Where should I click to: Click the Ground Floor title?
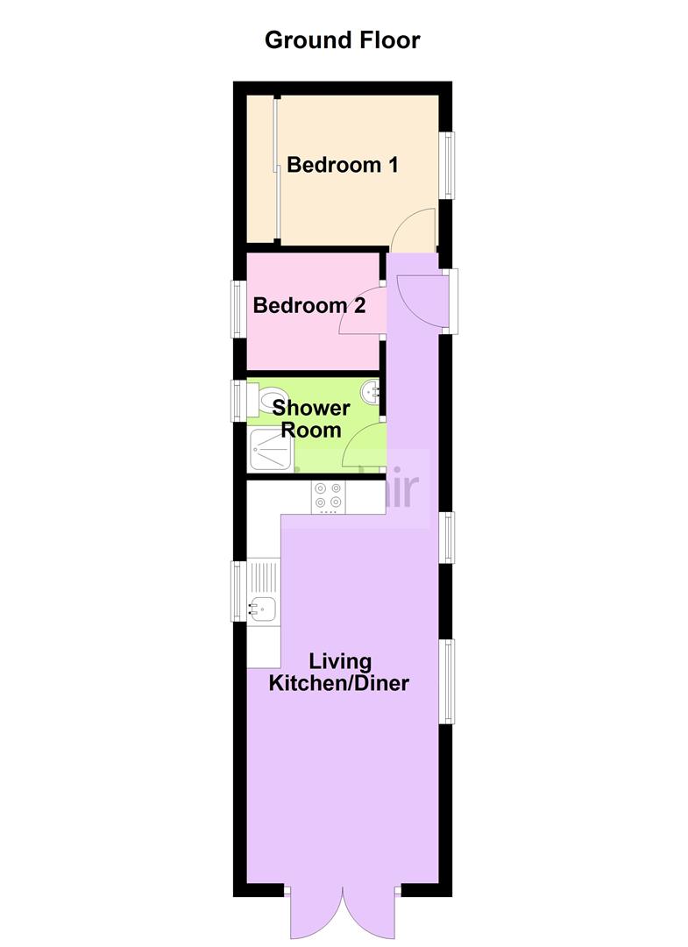(343, 40)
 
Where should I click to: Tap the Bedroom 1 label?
(343, 164)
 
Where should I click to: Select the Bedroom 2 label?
(309, 306)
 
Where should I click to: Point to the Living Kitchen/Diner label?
(339, 673)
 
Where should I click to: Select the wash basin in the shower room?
(372, 390)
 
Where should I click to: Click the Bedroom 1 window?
(448, 164)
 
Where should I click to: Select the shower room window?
(237, 400)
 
